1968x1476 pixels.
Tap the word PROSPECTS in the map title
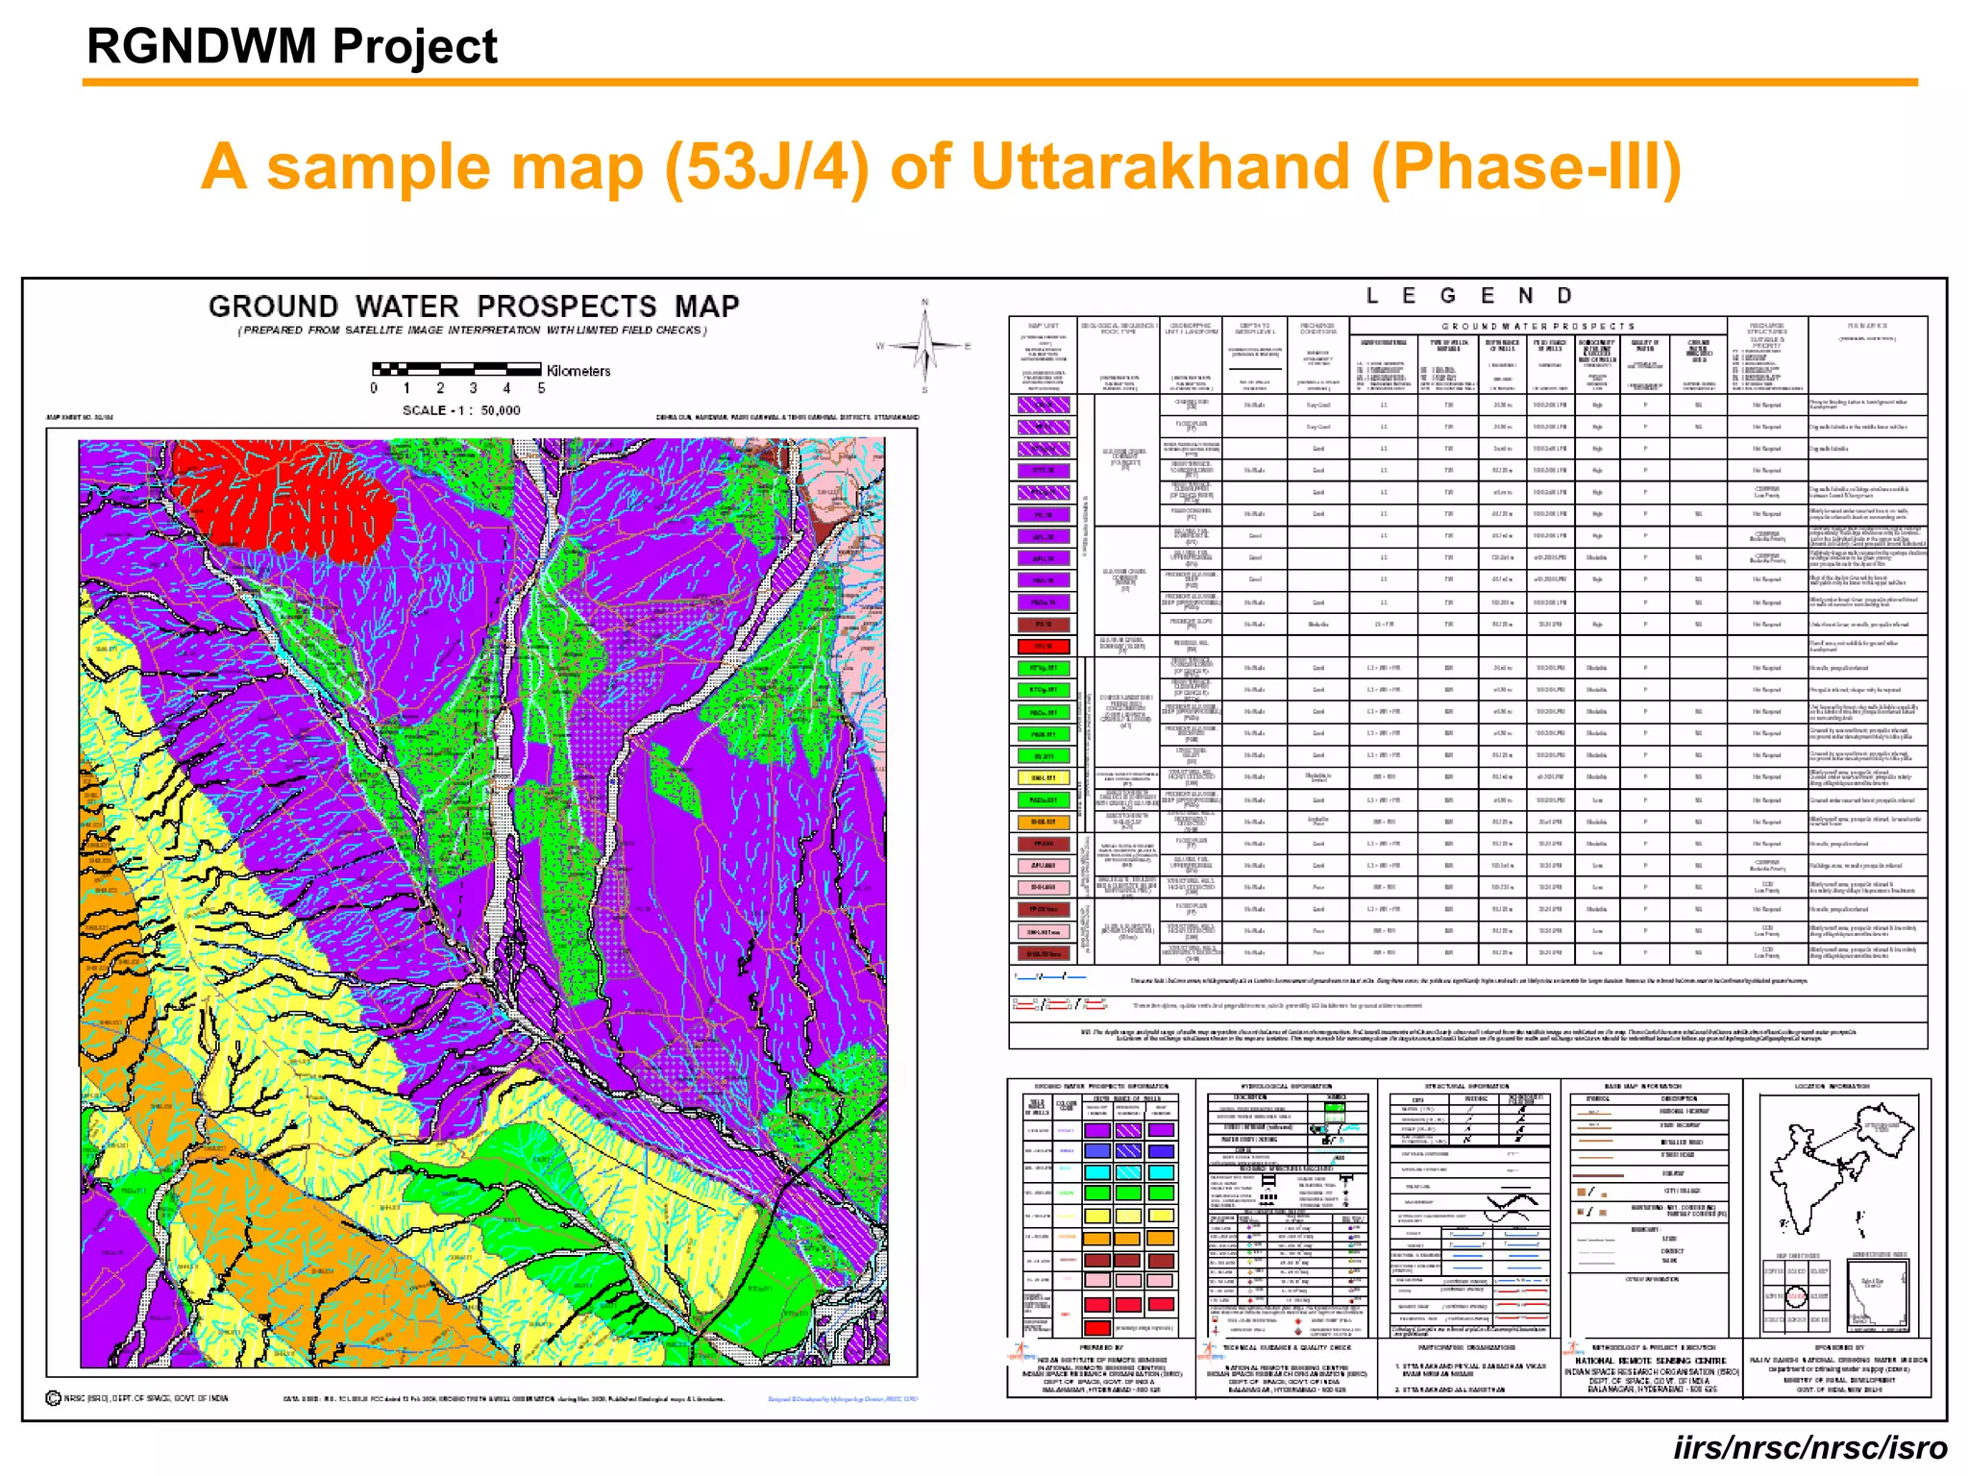[x=567, y=307]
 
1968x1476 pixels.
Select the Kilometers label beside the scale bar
[x=578, y=371]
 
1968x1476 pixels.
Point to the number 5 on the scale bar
[x=541, y=388]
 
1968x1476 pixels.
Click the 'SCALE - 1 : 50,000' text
[x=461, y=410]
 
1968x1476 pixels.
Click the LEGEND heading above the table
[x=1468, y=296]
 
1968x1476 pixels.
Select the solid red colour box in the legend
[x=1044, y=646]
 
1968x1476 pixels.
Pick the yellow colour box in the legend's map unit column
[x=1044, y=777]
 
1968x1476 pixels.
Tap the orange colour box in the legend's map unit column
[x=1044, y=822]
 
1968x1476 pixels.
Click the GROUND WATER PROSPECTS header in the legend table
[x=1537, y=327]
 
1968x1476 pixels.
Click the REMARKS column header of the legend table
[x=1866, y=327]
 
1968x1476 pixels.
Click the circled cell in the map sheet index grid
[x=1796, y=1297]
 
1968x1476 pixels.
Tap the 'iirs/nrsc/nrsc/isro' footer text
[x=1810, y=1447]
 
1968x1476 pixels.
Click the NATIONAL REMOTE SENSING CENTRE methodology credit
[x=1651, y=1361]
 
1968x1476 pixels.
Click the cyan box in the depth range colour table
[x=1097, y=1172]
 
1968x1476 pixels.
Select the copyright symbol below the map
[x=54, y=1398]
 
